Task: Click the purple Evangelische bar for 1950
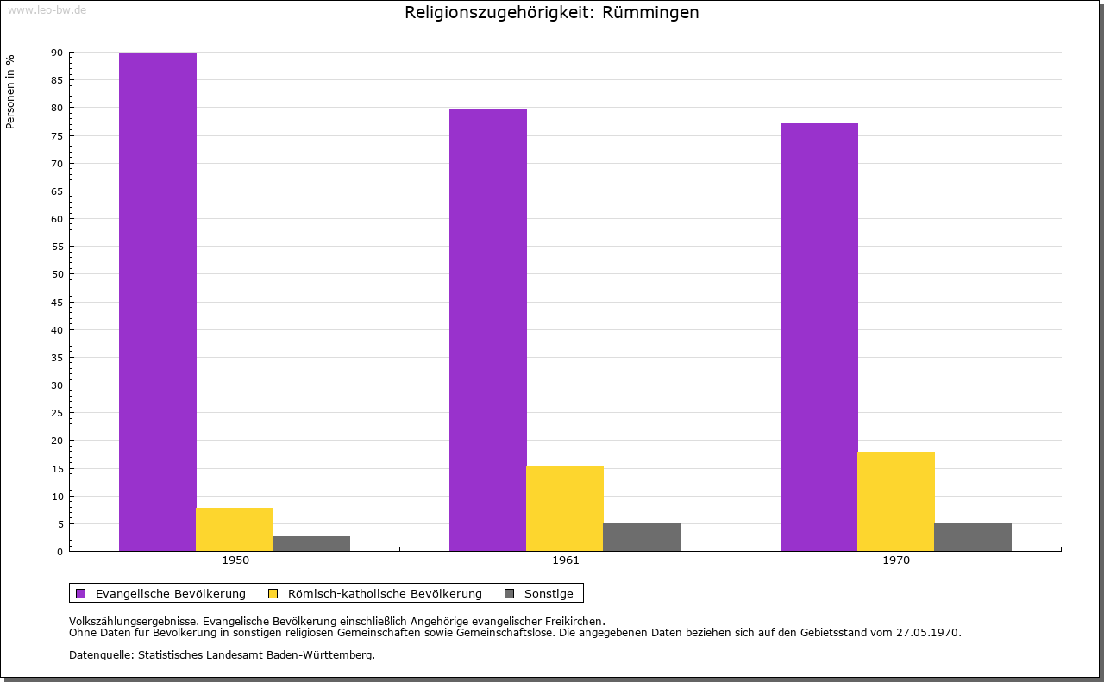point(158,302)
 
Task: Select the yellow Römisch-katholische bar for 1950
point(235,529)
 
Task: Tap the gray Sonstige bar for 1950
point(311,543)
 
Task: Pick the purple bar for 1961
point(488,330)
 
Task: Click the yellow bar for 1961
point(565,508)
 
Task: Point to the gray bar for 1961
point(642,537)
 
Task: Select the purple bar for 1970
point(819,337)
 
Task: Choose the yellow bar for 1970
point(896,501)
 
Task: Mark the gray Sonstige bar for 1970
point(973,537)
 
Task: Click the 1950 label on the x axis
point(235,560)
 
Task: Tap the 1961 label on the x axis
point(566,560)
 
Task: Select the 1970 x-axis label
point(896,560)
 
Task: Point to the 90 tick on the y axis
point(57,53)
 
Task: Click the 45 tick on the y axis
point(57,303)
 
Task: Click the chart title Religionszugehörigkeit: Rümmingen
point(552,13)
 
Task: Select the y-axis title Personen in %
point(10,91)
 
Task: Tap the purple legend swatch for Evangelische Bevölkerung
point(81,593)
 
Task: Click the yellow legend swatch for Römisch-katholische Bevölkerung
point(273,593)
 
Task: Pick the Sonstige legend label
point(549,593)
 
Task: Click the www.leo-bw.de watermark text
point(47,9)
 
